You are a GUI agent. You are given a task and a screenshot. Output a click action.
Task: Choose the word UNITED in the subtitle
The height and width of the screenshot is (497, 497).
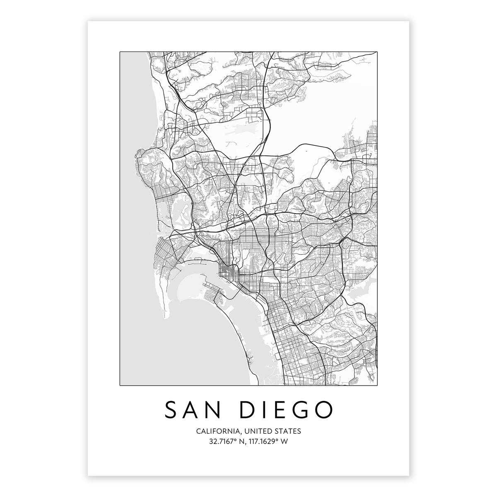258,431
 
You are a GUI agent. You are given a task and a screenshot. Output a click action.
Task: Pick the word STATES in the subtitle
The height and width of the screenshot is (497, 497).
288,431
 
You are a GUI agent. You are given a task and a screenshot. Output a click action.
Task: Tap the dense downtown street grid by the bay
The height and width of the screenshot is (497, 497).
228,273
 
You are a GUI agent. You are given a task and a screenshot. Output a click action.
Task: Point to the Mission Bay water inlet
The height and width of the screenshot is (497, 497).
174,215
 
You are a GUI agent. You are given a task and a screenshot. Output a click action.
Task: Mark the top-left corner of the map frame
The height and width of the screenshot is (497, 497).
120,52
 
